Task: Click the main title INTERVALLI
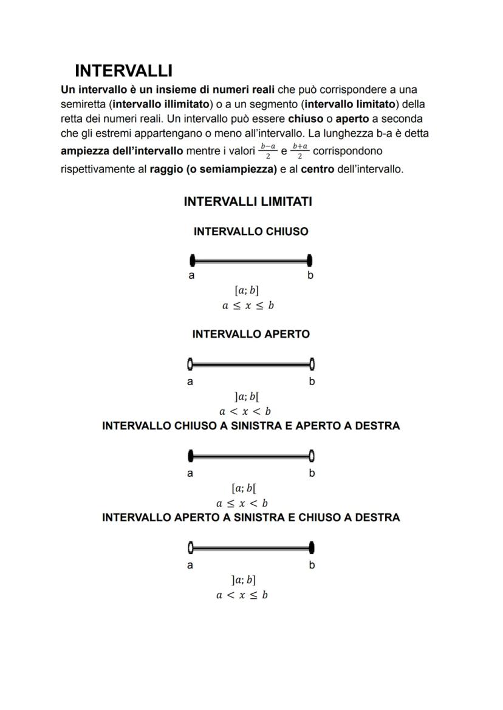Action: [123, 70]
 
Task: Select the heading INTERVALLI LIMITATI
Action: [248, 202]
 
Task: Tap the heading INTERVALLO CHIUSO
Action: [250, 231]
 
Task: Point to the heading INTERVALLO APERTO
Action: [250, 334]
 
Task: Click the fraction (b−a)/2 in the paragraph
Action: [267, 151]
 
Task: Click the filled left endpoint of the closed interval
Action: [193, 261]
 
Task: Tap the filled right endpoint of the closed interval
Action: [310, 261]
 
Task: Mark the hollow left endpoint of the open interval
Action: [191, 364]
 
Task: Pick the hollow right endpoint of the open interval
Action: [312, 364]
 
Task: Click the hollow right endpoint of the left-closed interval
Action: [312, 456]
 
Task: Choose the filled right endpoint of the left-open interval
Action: [312, 548]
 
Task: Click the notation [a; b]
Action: [246, 290]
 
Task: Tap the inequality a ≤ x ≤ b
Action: [248, 306]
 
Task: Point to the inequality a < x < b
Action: [245, 412]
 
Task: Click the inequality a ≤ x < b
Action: [242, 503]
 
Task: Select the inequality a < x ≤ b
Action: [242, 595]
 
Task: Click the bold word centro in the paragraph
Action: [317, 169]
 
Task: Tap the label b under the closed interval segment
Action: [310, 276]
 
